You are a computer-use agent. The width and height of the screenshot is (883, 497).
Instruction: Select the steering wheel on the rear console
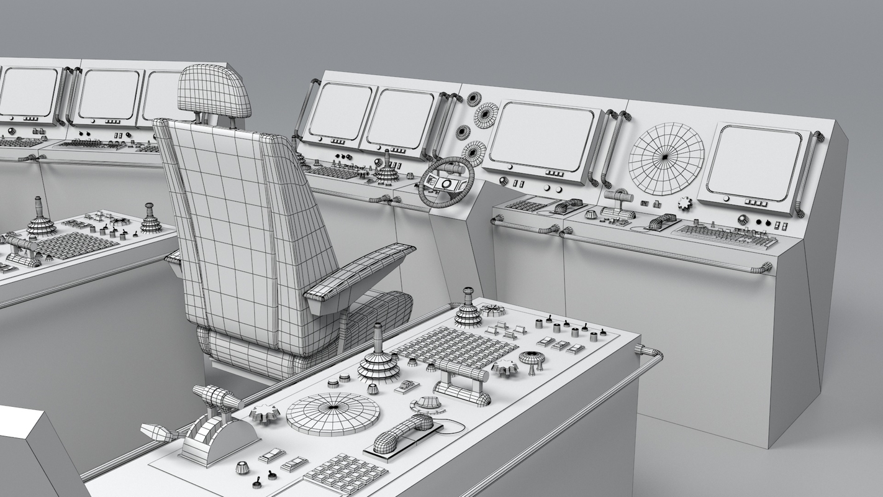pos(446,181)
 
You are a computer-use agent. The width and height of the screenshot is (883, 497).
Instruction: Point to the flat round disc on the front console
pos(332,413)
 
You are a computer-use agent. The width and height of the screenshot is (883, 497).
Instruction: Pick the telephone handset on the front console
pos(402,433)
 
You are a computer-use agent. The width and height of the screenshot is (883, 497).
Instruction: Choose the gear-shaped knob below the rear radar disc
pos(684,203)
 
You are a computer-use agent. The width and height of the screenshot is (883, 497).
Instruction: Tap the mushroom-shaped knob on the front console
pos(531,358)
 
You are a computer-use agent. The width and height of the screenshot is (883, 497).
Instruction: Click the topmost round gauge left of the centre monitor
pos(474,99)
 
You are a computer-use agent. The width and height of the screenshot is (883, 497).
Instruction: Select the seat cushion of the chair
pos(298,348)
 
